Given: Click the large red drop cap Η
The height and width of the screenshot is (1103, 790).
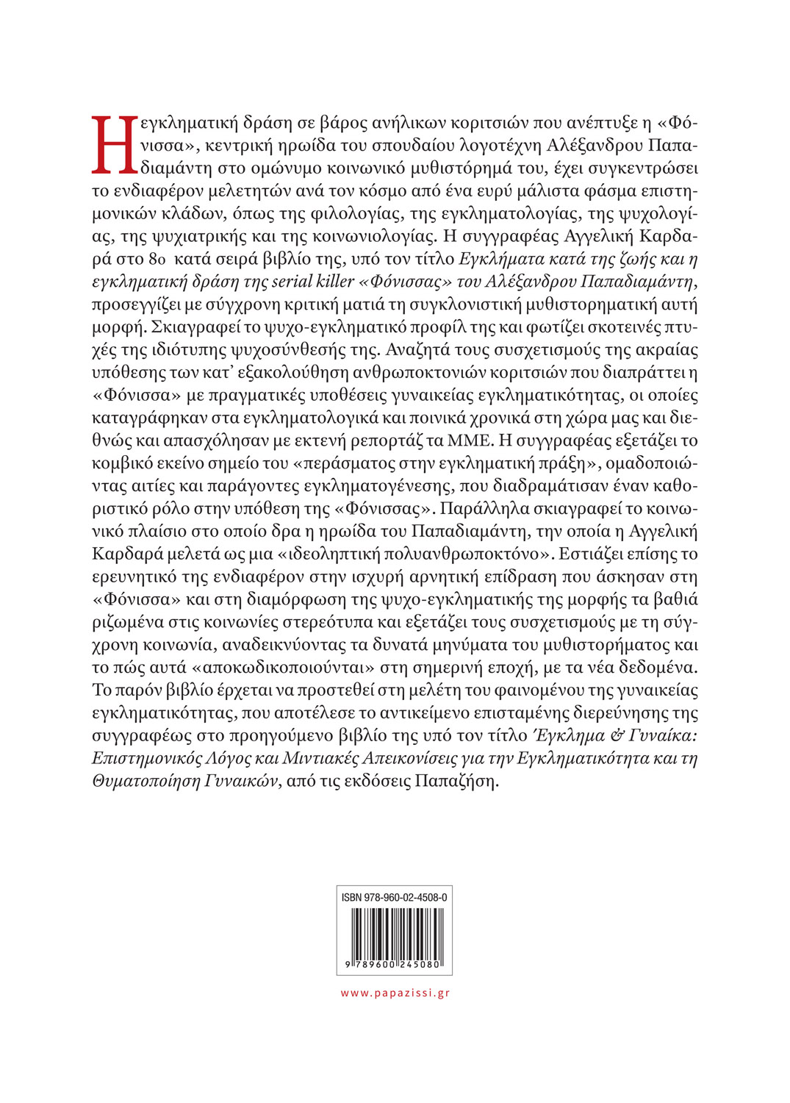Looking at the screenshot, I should click(114, 145).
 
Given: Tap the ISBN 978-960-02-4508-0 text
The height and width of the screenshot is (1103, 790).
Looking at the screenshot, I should click(394, 898).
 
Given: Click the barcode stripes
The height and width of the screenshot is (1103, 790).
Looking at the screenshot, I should click(395, 932).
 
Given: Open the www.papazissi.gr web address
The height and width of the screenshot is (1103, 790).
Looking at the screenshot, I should click(395, 993).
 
